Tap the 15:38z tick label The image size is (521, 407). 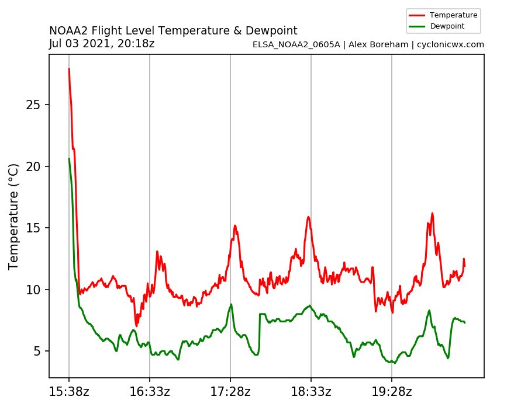(69, 392)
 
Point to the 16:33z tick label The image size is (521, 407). (150, 392)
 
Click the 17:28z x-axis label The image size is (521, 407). (230, 392)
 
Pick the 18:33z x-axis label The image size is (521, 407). (311, 392)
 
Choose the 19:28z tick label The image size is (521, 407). (392, 392)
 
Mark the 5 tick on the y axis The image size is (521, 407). (39, 352)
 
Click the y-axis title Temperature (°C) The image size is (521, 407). (14, 217)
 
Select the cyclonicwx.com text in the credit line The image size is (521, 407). (450, 44)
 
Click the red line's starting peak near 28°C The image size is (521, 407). (69, 69)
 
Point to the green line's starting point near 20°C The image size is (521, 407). (69, 158)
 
